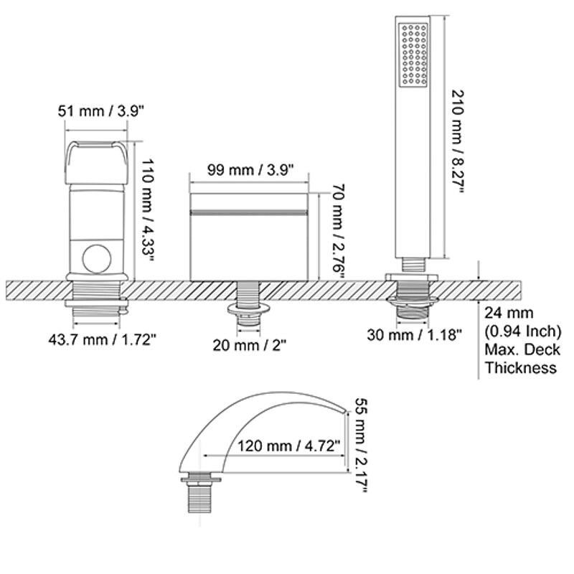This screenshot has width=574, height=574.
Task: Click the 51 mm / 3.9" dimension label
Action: pos(100,110)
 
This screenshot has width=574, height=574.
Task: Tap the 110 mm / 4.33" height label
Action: pos(147,210)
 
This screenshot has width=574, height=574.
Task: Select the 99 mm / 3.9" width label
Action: pos(250,169)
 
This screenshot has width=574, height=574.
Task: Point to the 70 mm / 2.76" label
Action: pos(338,232)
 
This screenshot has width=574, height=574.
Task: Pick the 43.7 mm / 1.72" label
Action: pos(102,339)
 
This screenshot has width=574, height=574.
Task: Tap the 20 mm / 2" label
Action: pos(249,344)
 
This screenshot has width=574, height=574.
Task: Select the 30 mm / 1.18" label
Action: pos(415,334)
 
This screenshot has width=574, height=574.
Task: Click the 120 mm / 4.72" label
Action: pos(289,446)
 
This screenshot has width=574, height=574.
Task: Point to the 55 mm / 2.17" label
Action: pos(361,446)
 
